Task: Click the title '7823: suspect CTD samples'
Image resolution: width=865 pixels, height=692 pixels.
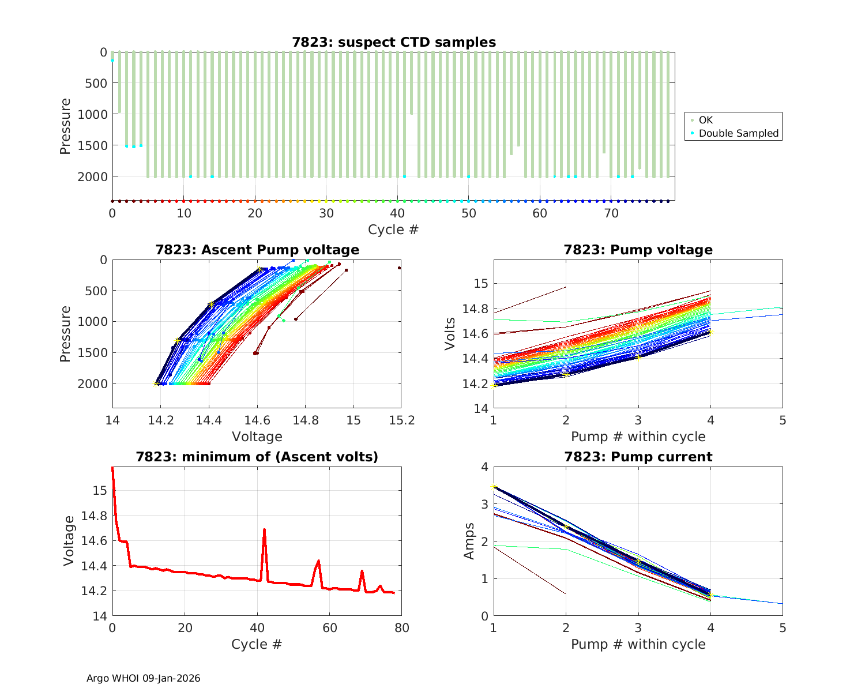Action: [x=394, y=42]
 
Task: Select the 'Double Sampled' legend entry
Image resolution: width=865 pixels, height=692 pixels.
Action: [x=738, y=133]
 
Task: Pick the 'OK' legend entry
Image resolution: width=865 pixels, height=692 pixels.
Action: [x=705, y=120]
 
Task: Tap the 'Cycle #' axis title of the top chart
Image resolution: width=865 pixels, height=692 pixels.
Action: [x=393, y=230]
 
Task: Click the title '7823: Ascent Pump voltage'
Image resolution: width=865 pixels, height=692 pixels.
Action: [x=257, y=250]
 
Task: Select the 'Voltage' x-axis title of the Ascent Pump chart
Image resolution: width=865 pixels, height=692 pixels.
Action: [x=257, y=437]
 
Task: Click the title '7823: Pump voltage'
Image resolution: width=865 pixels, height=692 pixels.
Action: [x=638, y=250]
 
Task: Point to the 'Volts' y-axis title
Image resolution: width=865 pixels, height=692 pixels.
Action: [x=450, y=334]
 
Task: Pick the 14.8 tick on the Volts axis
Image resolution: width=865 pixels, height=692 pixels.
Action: [x=474, y=309]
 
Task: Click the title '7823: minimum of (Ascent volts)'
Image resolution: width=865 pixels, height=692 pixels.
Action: [x=257, y=457]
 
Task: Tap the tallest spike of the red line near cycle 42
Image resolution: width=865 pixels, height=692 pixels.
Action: [x=264, y=529]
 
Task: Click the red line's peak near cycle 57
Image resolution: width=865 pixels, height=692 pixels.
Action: [x=318, y=561]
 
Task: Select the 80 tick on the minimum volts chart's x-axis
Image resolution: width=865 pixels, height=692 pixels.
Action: [x=402, y=628]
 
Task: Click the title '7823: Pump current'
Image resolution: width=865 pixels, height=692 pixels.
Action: [x=638, y=457]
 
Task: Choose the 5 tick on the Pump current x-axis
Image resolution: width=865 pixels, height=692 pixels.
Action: [x=783, y=628]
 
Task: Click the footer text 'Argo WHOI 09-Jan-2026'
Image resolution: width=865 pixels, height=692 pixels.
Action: [x=143, y=678]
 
